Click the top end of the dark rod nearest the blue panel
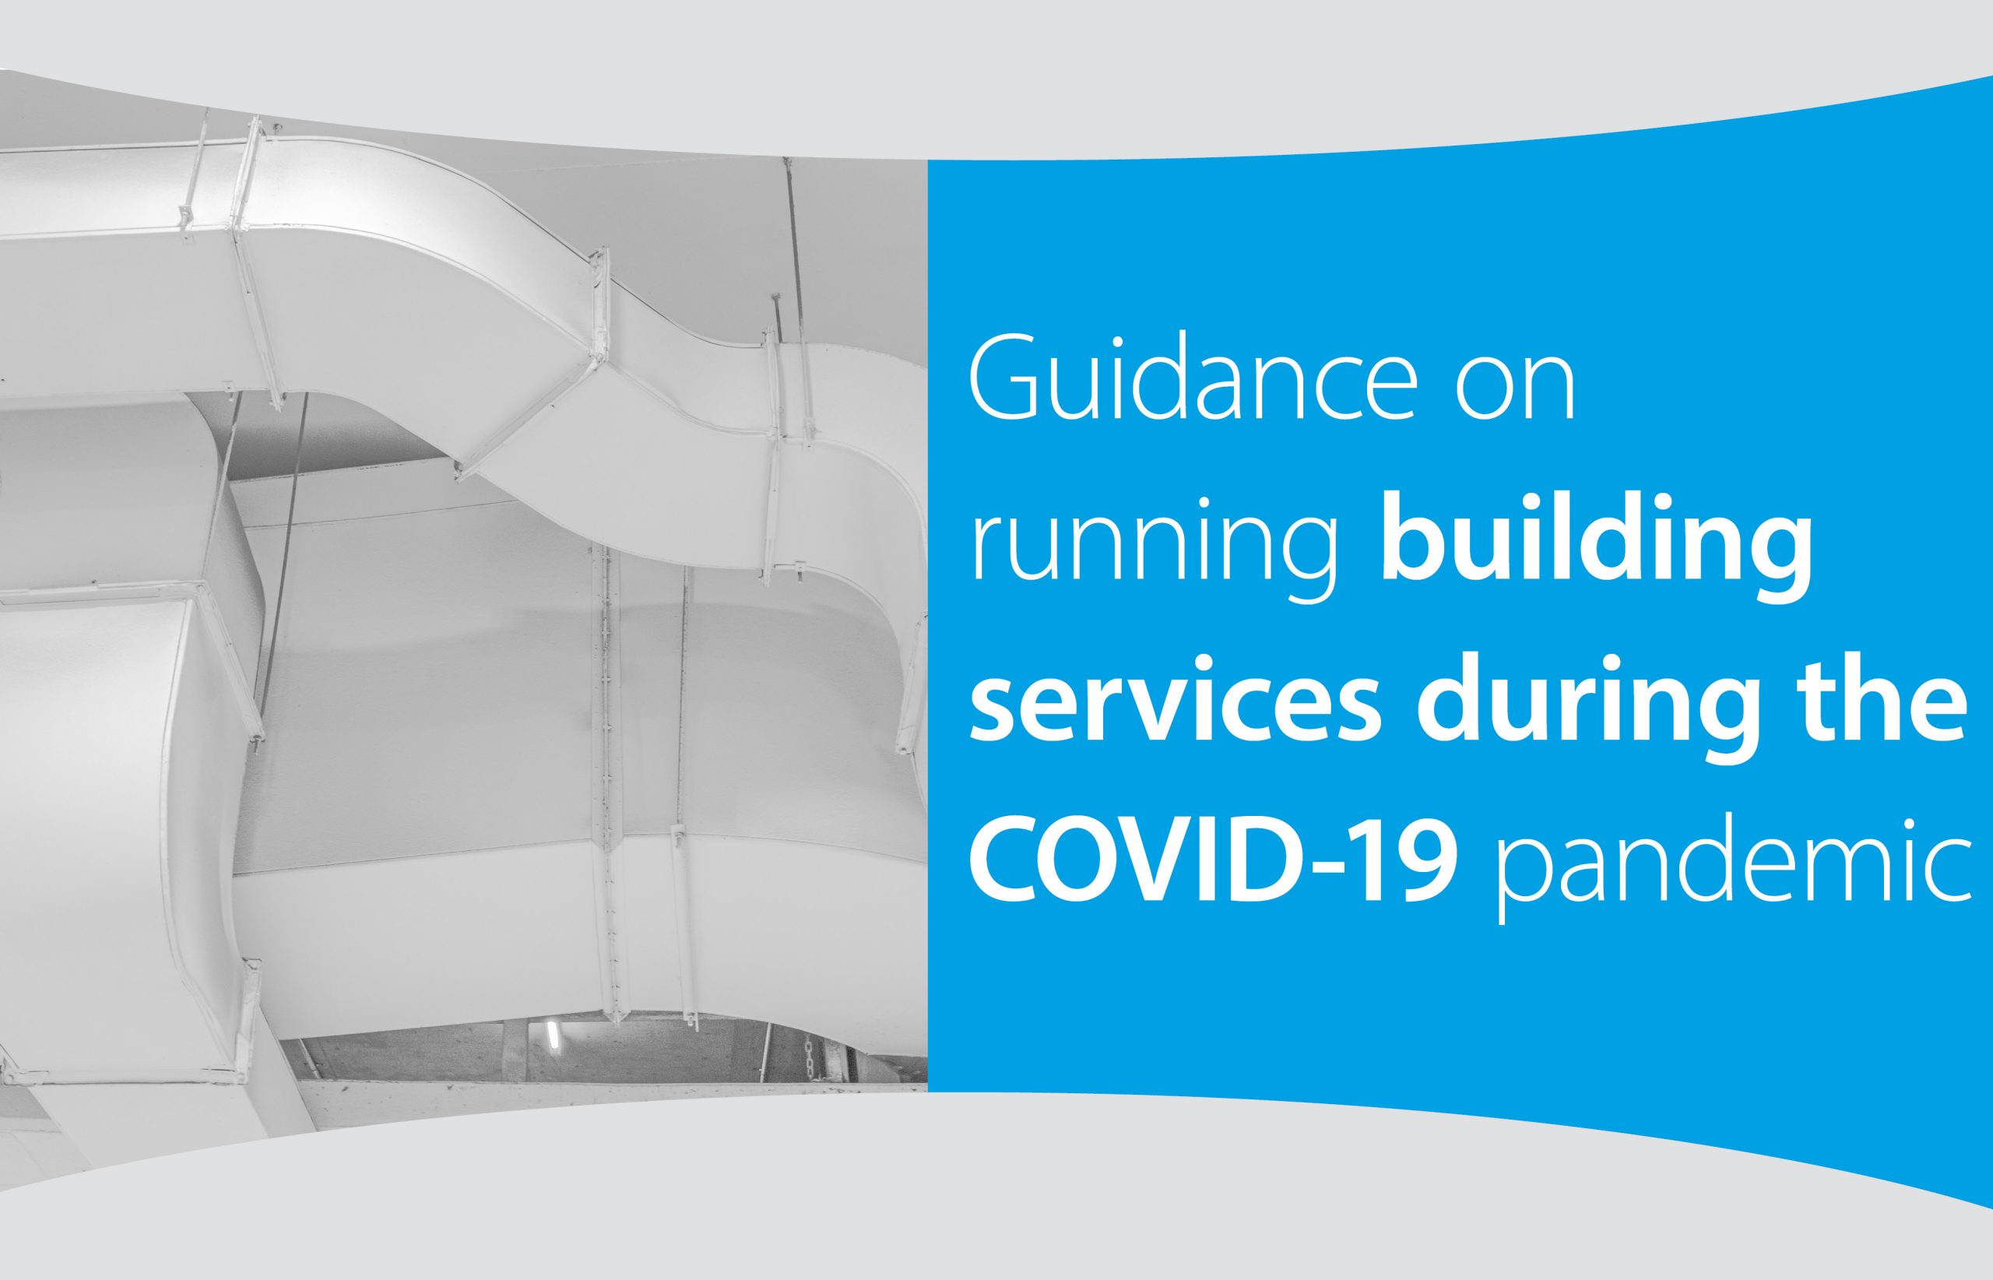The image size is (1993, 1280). (x=785, y=160)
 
